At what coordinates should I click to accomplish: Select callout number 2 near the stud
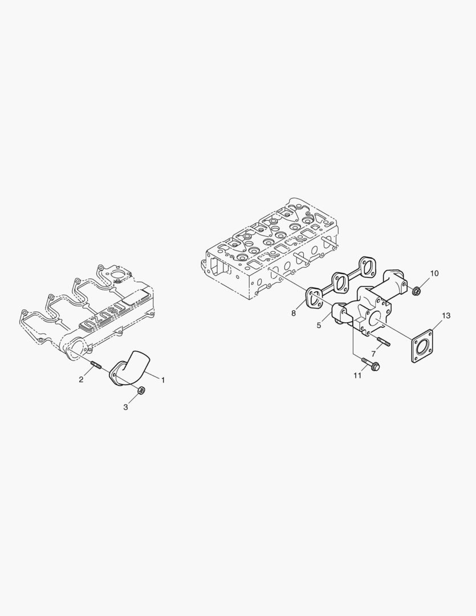click(81, 379)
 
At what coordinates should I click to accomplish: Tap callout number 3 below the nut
click(126, 407)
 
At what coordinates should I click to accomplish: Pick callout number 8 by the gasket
click(294, 313)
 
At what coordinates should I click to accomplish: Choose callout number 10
click(434, 273)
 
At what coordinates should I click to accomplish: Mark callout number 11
click(357, 376)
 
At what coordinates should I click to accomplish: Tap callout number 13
click(446, 315)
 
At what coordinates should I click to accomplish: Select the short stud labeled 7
click(383, 344)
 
